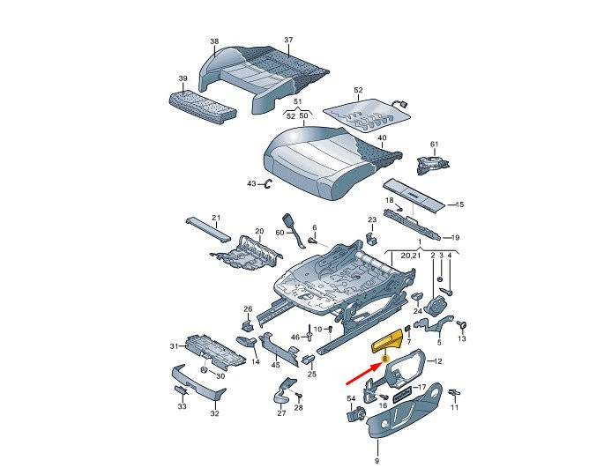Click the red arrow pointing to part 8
pyautogui.click(x=362, y=374)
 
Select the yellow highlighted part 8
pyautogui.click(x=387, y=342)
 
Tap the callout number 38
pyautogui.click(x=214, y=41)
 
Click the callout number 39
pyautogui.click(x=183, y=78)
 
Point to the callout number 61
pyautogui.click(x=434, y=144)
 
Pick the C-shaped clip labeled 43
pyautogui.click(x=268, y=184)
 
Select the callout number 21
pyautogui.click(x=216, y=218)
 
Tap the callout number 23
pyautogui.click(x=372, y=219)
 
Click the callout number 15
pyautogui.click(x=459, y=204)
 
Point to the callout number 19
pyautogui.click(x=455, y=238)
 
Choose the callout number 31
pyautogui.click(x=175, y=346)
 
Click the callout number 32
pyautogui.click(x=214, y=413)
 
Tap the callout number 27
pyautogui.click(x=281, y=413)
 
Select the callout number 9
pyautogui.click(x=377, y=460)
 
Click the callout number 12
pyautogui.click(x=437, y=361)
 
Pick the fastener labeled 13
pyautogui.click(x=462, y=325)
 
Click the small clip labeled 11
pyautogui.click(x=454, y=393)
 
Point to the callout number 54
pyautogui.click(x=351, y=399)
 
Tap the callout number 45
pyautogui.click(x=275, y=365)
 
